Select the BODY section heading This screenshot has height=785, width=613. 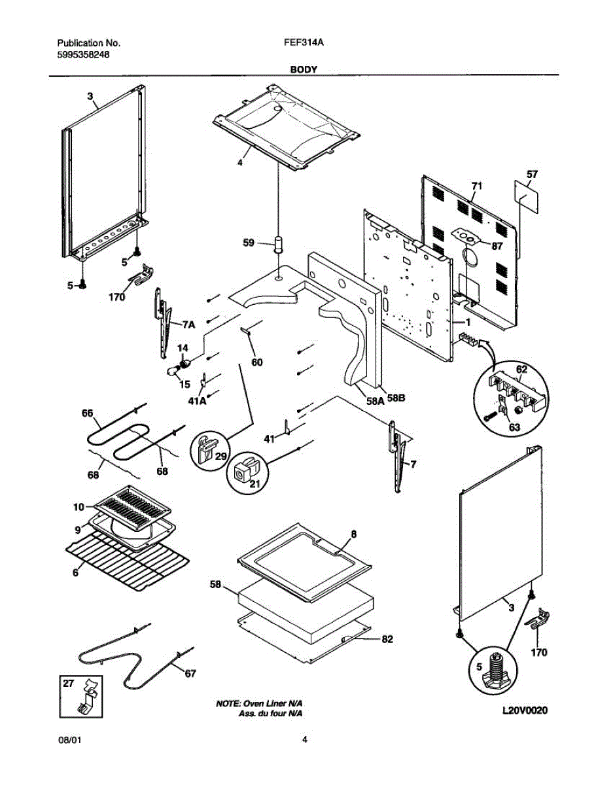(304, 69)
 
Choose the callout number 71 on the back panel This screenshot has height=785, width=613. (477, 187)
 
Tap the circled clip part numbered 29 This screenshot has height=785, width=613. (207, 447)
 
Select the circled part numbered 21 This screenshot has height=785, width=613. (246, 469)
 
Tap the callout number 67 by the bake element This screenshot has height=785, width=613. (189, 673)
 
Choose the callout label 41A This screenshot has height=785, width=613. (198, 400)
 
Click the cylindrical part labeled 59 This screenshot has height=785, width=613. (279, 245)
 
